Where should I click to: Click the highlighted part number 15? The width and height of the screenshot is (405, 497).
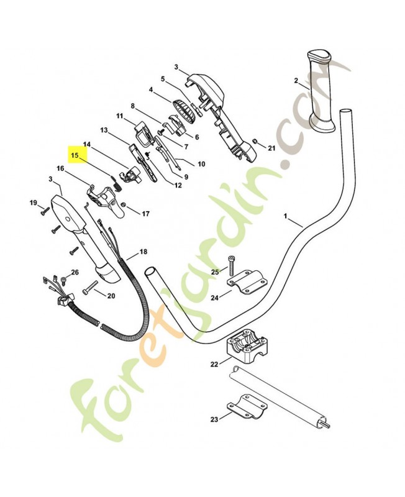coord(75,155)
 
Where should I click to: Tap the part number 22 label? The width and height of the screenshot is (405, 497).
coord(214,364)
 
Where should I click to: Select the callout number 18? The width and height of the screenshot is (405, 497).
coord(143,252)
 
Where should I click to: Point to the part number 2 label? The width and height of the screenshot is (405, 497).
coord(296,81)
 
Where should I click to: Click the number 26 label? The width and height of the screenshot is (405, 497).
coord(75,272)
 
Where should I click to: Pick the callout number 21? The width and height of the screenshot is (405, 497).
coord(272,148)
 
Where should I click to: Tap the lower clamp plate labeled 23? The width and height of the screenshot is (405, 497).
coord(247,407)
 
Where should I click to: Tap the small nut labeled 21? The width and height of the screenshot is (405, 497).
coord(254,140)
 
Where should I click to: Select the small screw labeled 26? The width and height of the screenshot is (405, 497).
coord(63,280)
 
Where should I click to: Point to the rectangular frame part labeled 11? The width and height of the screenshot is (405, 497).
coord(143,134)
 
